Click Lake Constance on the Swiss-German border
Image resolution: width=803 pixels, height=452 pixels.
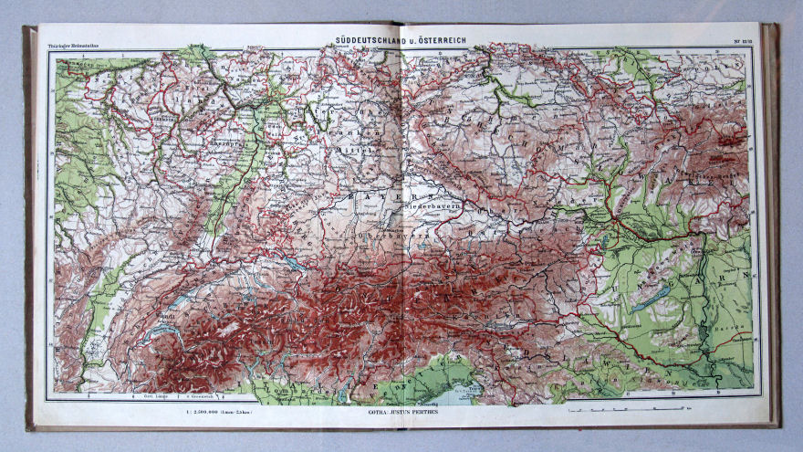(x=295, y=265)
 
